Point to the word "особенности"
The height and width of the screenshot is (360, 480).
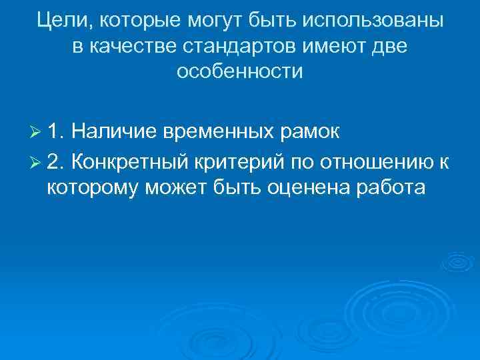point(239,71)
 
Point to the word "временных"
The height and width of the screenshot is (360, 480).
point(217,133)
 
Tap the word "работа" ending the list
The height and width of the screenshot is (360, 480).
point(391,189)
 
